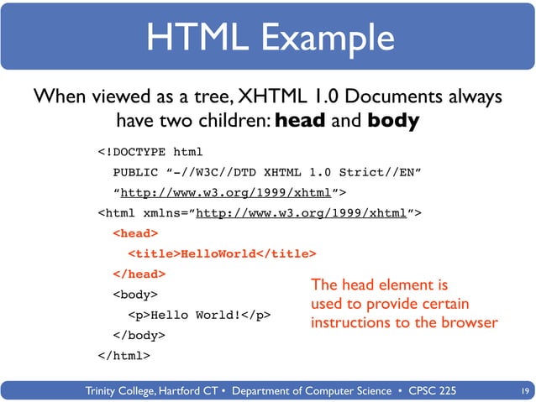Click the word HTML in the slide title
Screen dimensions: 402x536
pos(189,39)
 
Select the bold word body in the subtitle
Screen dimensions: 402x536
pos(393,121)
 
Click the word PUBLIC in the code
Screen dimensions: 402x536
pos(135,173)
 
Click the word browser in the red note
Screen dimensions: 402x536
pos(469,322)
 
